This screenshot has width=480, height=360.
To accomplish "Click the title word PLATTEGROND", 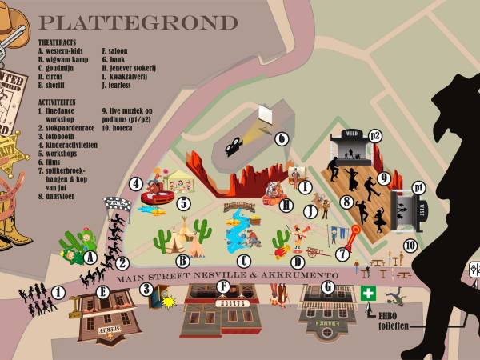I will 138,22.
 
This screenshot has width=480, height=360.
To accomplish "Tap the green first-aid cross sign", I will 368,294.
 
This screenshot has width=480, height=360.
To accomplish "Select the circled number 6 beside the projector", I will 281,138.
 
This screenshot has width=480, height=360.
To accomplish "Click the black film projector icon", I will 234,145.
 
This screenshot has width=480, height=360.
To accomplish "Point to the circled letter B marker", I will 182,260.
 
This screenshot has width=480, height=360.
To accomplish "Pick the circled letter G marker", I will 327,286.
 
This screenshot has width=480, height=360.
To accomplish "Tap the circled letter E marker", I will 102,292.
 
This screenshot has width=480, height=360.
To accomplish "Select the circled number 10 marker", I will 410,245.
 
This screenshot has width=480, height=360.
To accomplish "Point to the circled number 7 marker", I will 342,254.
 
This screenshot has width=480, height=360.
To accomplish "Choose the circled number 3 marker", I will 146,289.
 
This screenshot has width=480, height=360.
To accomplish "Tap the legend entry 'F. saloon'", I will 117,50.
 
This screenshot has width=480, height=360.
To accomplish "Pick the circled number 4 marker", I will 137,183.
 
